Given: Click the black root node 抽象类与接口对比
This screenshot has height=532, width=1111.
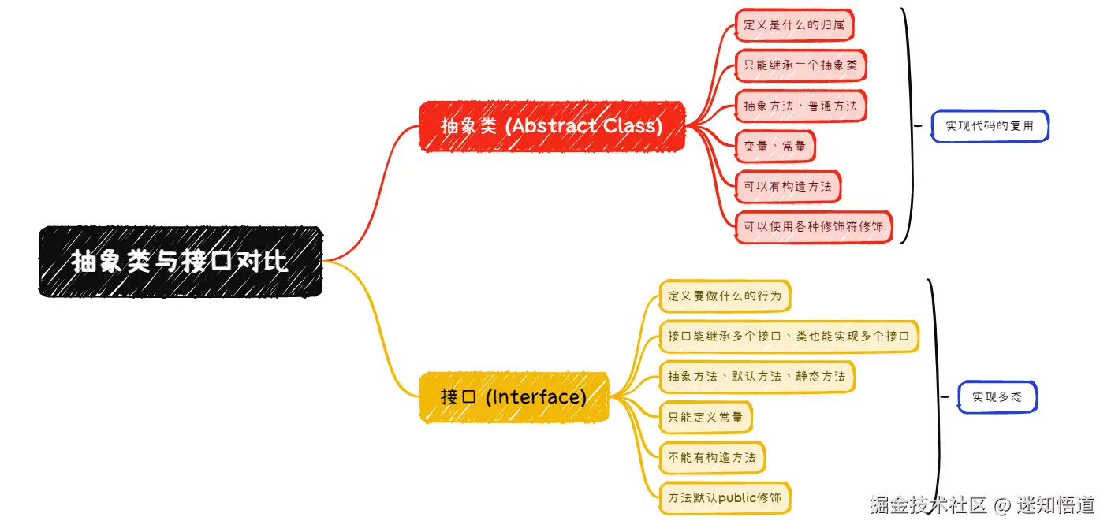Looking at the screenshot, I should click(181, 261).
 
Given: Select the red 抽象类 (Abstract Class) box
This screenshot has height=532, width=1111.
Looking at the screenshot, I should click(552, 125).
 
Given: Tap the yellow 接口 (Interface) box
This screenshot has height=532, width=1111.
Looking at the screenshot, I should click(513, 396).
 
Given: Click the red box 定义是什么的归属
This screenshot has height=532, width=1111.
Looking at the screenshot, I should click(793, 24).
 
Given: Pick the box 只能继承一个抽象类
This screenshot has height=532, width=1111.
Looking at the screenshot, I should click(800, 65).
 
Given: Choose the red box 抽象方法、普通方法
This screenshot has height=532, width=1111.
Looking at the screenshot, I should click(800, 106).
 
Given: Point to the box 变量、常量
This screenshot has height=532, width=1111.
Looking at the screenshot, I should click(774, 146).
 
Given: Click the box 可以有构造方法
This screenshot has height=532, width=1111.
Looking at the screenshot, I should click(787, 187).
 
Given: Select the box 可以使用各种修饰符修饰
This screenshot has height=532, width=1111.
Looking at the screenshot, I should click(813, 227).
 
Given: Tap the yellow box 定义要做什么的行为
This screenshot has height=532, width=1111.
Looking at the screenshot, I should click(724, 296).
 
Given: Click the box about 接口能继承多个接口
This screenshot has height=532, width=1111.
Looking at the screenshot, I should click(789, 336).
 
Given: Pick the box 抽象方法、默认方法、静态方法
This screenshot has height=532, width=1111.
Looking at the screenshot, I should click(755, 377).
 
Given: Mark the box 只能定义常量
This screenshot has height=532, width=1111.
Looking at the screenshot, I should click(705, 417).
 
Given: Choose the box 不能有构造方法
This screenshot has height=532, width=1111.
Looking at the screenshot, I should click(711, 457).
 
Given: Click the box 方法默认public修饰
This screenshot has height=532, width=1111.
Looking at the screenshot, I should click(724, 498).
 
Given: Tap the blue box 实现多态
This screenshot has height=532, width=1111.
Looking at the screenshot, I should click(997, 397).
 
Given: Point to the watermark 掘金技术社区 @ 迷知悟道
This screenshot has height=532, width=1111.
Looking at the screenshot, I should click(982, 505).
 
